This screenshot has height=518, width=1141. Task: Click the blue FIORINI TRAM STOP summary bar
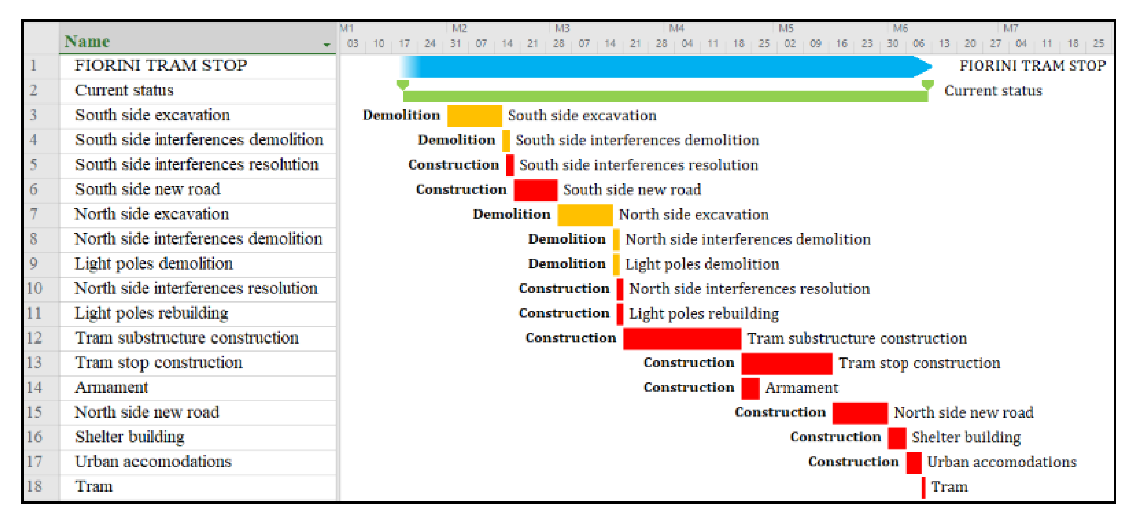point(664,66)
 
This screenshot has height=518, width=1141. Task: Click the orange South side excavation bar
point(474,116)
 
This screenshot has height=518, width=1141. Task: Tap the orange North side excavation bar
point(585,215)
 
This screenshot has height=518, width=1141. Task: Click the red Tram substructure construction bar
point(682,339)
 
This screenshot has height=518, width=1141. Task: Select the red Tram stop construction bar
point(787,364)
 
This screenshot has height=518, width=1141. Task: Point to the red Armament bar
point(750,388)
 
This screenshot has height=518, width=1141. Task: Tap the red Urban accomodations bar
point(914,463)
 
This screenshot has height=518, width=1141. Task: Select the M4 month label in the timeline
point(676,28)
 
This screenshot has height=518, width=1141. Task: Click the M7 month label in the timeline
point(1010,28)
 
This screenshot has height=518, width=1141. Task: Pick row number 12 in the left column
point(34,338)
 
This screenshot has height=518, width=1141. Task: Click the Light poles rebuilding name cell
point(151,313)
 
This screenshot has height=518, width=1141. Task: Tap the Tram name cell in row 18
point(94,487)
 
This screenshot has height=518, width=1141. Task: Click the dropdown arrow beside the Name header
point(327,45)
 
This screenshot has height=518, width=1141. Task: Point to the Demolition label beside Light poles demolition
point(567,264)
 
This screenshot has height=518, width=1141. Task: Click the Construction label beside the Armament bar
point(689,387)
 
